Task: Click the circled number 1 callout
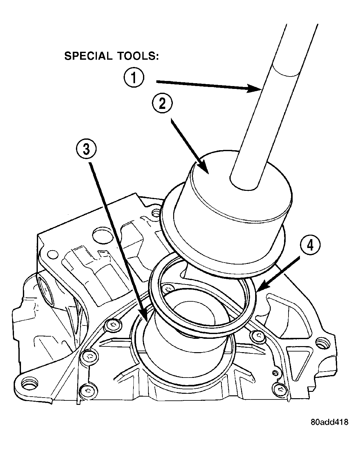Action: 134,77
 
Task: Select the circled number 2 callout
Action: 162,103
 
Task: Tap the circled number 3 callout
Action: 86,149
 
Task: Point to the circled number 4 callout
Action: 310,245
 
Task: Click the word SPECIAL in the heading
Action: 88,56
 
